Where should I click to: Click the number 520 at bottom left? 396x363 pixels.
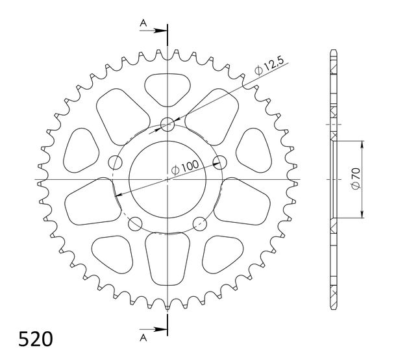(x=36, y=339)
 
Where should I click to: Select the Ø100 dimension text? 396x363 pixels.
(x=185, y=168)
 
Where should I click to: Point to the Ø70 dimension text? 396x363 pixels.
(x=356, y=178)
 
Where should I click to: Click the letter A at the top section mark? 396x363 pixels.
(x=143, y=23)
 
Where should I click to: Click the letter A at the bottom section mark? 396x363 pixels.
(x=143, y=338)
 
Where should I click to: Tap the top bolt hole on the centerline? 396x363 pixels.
(x=167, y=125)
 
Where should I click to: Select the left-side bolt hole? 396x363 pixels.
(x=115, y=162)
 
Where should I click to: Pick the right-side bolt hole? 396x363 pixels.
(x=219, y=162)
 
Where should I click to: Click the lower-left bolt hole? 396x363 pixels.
(x=135, y=224)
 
